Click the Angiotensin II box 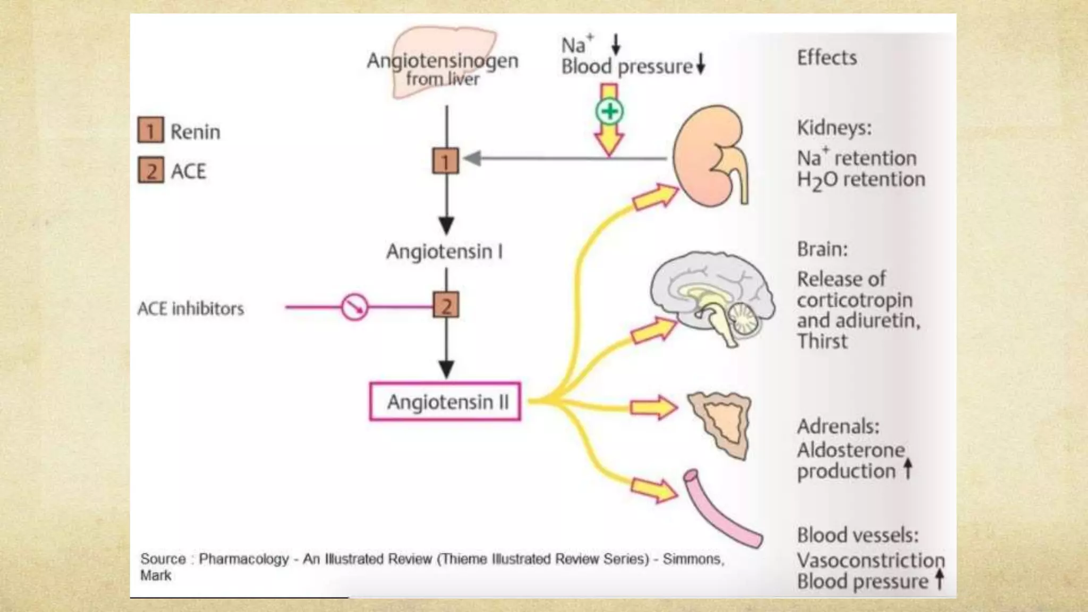(445, 402)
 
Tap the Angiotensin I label (444, 251)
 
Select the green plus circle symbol (609, 112)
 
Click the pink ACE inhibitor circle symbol (354, 307)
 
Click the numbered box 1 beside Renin (150, 131)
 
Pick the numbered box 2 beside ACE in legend (151, 171)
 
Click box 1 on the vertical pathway (445, 161)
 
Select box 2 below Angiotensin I (446, 305)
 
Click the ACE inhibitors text (190, 309)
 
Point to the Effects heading (827, 57)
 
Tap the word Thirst (822, 342)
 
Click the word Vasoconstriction (870, 560)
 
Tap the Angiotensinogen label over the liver (442, 61)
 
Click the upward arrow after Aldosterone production (908, 469)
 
